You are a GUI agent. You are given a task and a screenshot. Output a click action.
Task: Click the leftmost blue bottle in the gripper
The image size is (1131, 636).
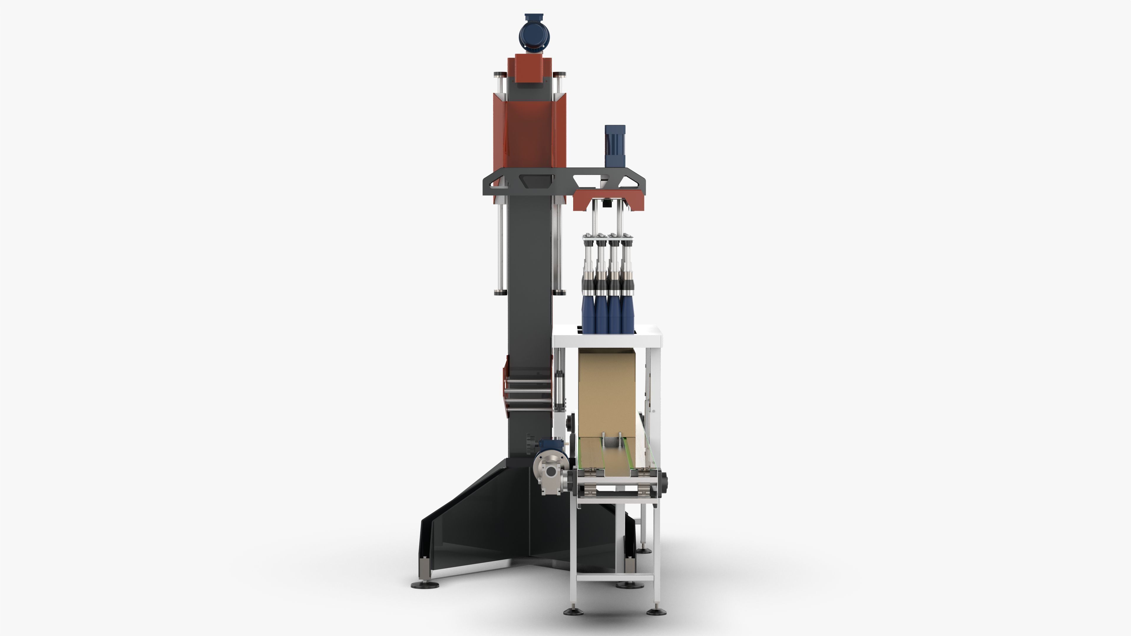[x=588, y=315]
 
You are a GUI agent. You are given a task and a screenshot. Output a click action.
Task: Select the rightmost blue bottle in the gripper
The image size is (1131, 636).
[x=627, y=315]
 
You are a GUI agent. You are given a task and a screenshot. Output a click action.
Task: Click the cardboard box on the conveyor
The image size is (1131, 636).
[x=607, y=393]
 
